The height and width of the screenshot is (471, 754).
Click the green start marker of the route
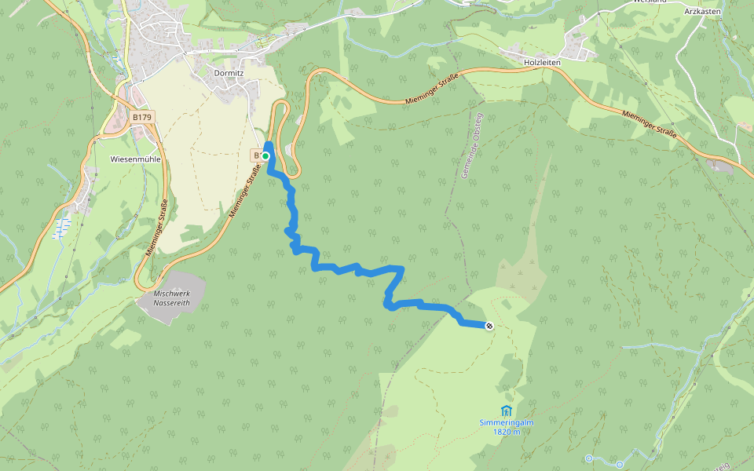tap(265, 156)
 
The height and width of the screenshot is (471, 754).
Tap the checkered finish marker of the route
tap(489, 326)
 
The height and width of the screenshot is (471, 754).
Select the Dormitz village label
tap(229, 72)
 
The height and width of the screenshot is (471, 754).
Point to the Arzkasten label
tap(702, 12)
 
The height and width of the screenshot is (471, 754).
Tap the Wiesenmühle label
tap(136, 159)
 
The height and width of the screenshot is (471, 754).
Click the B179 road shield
tap(142, 117)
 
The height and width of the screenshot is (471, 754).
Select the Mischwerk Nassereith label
tap(172, 298)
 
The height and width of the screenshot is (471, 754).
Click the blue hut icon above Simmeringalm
tap(506, 411)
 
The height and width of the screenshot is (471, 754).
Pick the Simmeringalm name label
tap(507, 423)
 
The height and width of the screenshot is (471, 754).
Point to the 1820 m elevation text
tap(507, 432)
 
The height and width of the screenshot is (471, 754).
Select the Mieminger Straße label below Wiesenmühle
tap(158, 228)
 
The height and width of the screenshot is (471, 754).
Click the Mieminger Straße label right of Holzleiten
tap(649, 124)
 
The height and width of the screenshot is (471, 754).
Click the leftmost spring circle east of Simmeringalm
tap(589, 458)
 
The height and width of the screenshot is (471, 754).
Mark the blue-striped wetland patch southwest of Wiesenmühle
tap(60, 229)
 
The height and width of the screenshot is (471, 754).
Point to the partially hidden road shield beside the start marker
tap(256, 155)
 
